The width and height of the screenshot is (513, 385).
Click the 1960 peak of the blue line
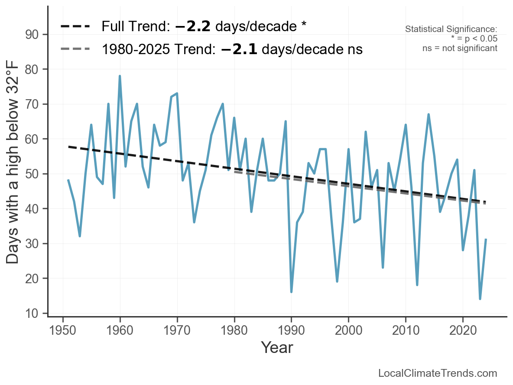120,76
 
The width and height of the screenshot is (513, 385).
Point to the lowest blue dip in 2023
480,299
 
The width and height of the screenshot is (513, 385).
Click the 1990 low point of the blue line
291,292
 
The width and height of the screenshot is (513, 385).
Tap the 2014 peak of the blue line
429,114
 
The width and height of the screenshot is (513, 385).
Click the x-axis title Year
277,347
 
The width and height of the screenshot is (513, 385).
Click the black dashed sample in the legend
75,26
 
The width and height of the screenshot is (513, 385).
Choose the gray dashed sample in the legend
75,49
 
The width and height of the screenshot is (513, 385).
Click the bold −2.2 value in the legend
193,26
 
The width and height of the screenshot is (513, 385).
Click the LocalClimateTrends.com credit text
438,373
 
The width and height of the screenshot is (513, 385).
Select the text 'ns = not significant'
460,48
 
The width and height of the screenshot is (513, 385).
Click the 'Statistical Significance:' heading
451,29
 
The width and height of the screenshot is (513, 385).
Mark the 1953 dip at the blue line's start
80,236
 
